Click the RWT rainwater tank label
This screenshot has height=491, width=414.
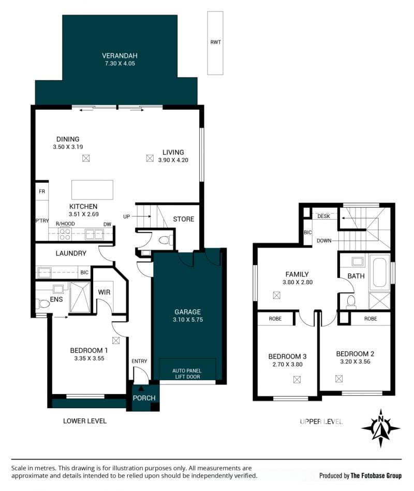click(x=216, y=42)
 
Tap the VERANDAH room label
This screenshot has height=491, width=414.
click(x=120, y=56)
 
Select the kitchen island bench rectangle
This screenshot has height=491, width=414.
click(x=92, y=190)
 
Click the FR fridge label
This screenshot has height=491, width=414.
click(x=42, y=191)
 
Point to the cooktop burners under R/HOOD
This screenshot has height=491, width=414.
click(x=65, y=235)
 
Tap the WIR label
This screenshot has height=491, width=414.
click(x=104, y=292)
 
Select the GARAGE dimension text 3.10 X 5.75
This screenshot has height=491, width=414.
click(x=188, y=320)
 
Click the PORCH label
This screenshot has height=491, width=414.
click(x=144, y=398)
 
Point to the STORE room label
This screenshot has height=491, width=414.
click(x=184, y=219)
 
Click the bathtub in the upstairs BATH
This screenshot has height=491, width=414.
click(x=379, y=272)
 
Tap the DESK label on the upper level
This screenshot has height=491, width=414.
click(x=323, y=216)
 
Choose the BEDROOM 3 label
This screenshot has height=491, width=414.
click(x=287, y=356)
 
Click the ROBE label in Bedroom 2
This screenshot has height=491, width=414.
click(x=371, y=319)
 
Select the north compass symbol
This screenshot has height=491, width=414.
click(x=381, y=428)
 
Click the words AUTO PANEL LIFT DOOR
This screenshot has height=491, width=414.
click(x=187, y=373)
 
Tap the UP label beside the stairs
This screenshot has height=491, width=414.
click(x=126, y=216)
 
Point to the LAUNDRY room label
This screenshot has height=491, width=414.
click(x=71, y=253)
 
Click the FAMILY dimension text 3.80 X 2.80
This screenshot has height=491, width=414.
click(x=298, y=282)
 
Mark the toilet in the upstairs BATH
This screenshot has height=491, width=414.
click(x=351, y=302)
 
